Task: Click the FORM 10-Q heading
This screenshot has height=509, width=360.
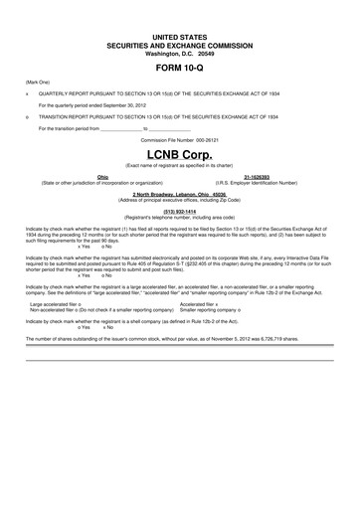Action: click(x=180, y=68)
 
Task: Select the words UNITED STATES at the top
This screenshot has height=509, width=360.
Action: click(x=180, y=35)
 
